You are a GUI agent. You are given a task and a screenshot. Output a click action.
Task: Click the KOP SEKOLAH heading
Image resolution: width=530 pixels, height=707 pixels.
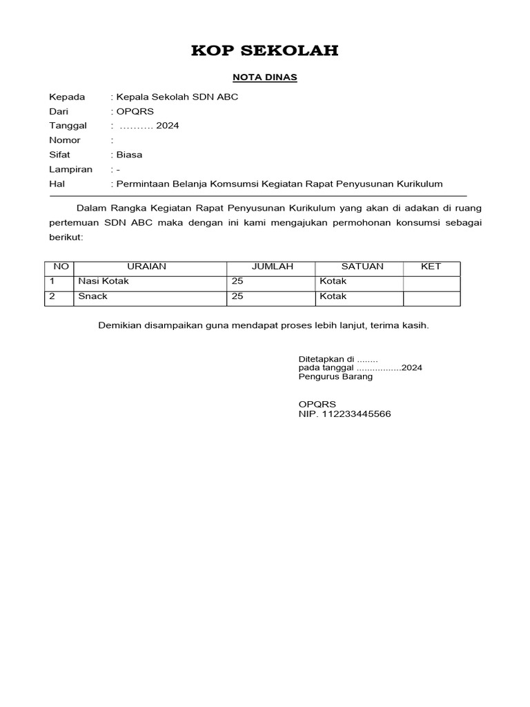click(264, 50)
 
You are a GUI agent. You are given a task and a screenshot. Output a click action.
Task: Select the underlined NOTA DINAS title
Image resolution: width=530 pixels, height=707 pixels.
click(265, 77)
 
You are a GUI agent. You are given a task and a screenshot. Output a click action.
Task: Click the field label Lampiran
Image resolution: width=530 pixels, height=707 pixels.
click(70, 169)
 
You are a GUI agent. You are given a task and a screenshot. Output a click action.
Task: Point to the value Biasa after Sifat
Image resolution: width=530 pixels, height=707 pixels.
click(129, 155)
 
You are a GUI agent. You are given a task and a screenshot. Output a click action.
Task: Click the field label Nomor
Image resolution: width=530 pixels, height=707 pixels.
click(65, 140)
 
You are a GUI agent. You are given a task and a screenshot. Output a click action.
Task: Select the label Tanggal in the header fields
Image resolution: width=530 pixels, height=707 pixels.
click(68, 126)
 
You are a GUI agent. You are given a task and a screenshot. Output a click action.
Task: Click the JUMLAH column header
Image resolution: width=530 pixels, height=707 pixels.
click(272, 267)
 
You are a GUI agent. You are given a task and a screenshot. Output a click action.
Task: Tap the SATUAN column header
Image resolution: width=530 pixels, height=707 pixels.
click(362, 267)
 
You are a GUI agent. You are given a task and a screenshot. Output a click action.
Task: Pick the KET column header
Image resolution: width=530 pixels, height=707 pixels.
click(431, 267)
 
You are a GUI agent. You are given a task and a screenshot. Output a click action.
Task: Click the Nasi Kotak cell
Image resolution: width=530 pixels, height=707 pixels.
click(104, 282)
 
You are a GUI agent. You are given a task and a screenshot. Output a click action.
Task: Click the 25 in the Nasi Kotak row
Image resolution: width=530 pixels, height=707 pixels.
click(237, 282)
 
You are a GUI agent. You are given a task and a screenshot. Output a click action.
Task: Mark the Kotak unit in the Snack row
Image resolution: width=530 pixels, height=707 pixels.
click(333, 296)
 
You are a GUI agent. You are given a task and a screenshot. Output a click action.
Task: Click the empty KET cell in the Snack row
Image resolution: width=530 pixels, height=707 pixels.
click(431, 297)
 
